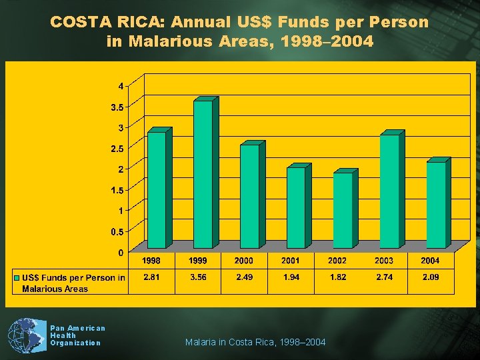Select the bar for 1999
click(x=203, y=174)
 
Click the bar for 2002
click(x=343, y=210)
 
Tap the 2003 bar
click(x=389, y=191)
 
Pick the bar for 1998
click(x=156, y=190)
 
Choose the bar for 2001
click(x=295, y=207)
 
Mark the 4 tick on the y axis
click(x=121, y=85)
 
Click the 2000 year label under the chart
click(x=243, y=261)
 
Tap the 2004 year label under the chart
click(x=430, y=261)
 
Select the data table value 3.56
click(x=198, y=277)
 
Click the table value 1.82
click(x=337, y=277)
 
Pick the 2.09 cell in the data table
click(x=430, y=277)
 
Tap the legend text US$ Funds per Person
click(x=73, y=278)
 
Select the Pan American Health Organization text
click(x=77, y=335)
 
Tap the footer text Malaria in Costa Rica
click(x=255, y=342)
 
